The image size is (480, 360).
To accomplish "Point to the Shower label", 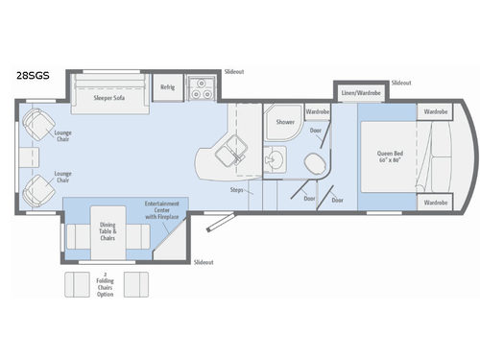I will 285,123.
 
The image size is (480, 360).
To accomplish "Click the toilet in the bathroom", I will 312,161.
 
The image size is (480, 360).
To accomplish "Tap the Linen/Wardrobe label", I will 362,93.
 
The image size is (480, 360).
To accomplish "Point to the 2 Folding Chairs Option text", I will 106,284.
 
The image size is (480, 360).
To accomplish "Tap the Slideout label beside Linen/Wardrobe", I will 402,83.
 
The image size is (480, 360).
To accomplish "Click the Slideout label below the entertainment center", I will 204,261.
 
